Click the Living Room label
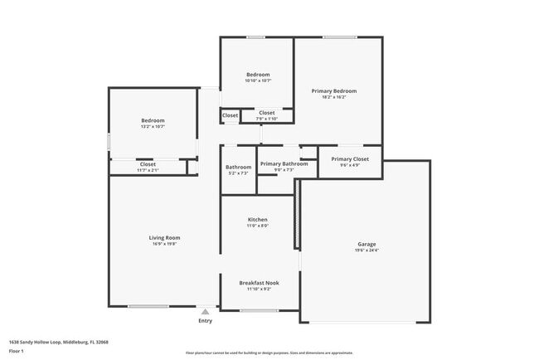click(164, 237)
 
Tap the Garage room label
click(367, 244)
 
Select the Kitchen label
click(258, 220)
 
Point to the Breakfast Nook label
click(259, 283)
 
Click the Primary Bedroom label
click(334, 90)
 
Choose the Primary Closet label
click(349, 158)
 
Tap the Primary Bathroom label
click(284, 163)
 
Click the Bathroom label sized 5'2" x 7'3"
click(238, 167)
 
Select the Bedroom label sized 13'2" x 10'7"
click(153, 120)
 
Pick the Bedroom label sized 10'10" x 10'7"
click(258, 75)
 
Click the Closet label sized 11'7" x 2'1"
click(148, 164)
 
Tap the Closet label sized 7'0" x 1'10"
click(266, 113)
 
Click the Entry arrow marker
click(205, 311)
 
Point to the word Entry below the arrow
click(205, 320)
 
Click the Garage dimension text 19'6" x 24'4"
click(367, 251)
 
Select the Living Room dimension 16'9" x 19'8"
click(164, 244)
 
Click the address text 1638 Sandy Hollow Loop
click(58, 342)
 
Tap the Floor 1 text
click(17, 352)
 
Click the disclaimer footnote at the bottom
click(269, 353)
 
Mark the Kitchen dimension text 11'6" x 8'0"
click(258, 226)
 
